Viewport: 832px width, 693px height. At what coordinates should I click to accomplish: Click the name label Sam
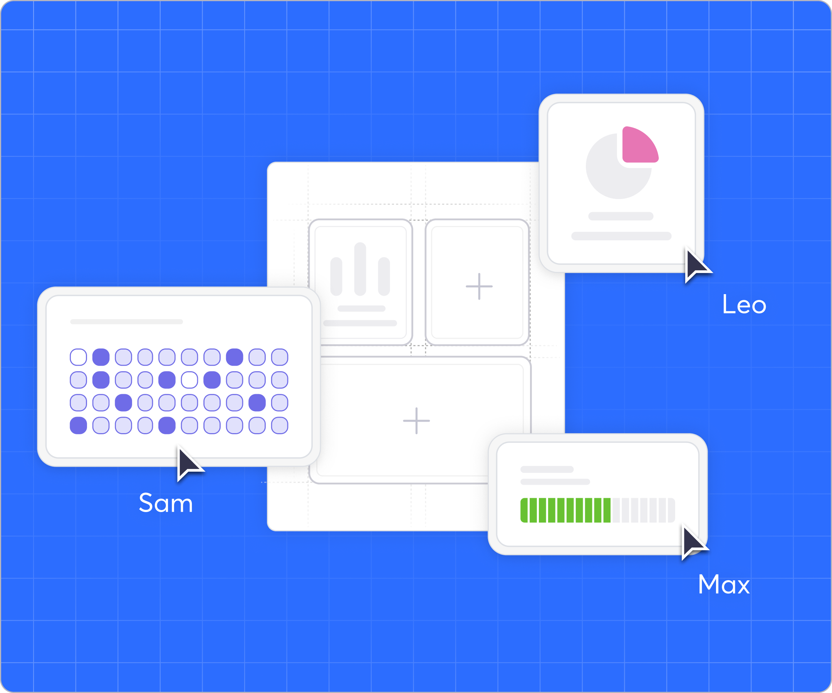(x=166, y=503)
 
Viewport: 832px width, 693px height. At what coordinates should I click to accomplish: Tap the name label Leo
(x=744, y=305)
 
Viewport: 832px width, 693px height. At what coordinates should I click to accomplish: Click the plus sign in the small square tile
(x=479, y=286)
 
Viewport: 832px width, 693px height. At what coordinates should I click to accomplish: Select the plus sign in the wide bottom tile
(x=416, y=420)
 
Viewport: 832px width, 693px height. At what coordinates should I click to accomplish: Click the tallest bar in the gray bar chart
(x=360, y=269)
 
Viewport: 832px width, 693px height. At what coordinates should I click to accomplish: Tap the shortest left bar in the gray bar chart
(x=336, y=276)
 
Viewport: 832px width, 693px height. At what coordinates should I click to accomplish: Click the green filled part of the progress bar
(x=565, y=510)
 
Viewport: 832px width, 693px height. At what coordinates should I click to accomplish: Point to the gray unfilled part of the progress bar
(x=643, y=510)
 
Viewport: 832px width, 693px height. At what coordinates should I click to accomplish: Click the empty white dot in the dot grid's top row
(x=78, y=357)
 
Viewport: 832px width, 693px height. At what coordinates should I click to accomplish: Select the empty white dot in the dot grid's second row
(x=189, y=380)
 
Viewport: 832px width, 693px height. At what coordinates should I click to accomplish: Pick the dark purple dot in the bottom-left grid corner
(x=78, y=425)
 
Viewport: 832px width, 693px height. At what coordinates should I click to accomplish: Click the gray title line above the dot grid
(x=126, y=321)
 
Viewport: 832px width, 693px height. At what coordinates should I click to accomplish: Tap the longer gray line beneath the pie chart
(x=621, y=236)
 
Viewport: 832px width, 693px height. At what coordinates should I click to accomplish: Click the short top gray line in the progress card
(x=547, y=469)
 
